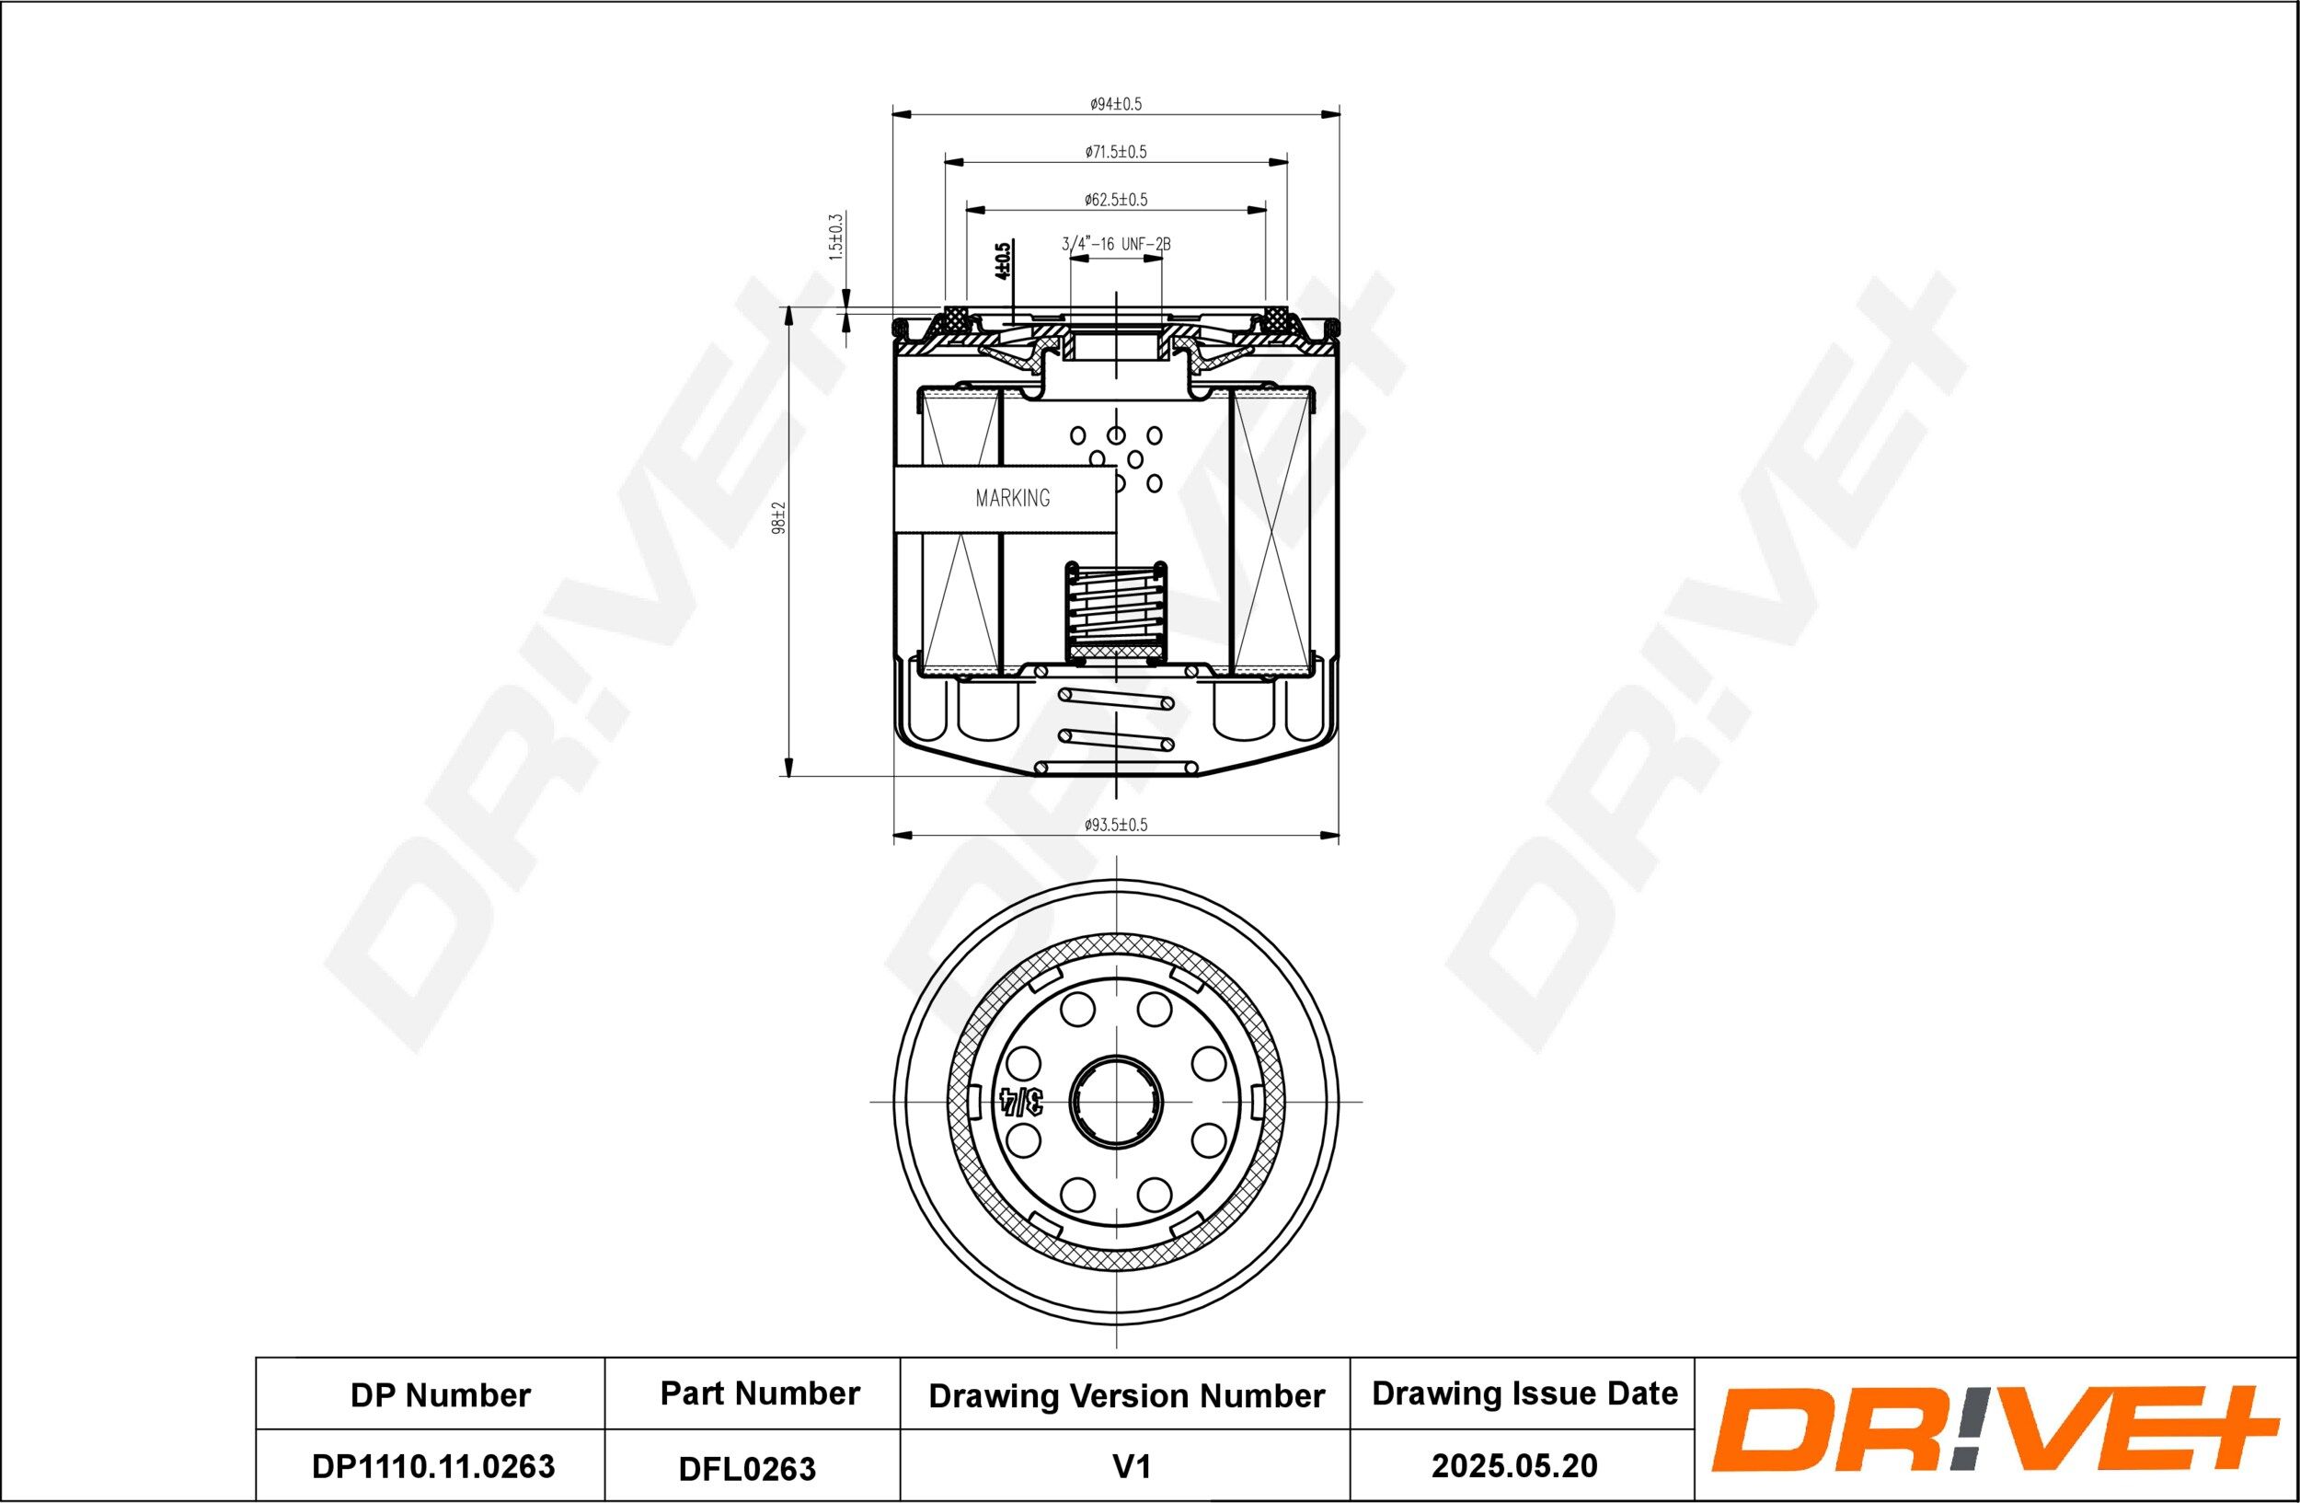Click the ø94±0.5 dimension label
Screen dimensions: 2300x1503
point(1115,104)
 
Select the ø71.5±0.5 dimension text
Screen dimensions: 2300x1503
point(1115,152)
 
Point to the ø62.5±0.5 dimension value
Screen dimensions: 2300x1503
point(1115,200)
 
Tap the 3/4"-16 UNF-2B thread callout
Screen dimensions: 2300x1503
point(1116,245)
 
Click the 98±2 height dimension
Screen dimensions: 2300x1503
point(780,518)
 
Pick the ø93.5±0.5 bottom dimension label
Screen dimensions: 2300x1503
point(1115,825)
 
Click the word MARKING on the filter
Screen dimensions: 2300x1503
point(1012,499)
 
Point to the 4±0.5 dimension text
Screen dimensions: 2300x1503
point(1003,261)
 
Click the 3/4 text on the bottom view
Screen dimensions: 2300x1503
point(1021,1101)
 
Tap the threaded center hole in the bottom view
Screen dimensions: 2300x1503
point(1116,1101)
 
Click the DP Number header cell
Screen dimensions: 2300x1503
point(440,1395)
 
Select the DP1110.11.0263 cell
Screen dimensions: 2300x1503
point(433,1466)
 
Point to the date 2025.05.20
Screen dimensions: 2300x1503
point(1514,1466)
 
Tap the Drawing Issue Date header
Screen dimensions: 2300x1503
point(1525,1393)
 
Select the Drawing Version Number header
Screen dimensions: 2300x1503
point(1126,1395)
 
